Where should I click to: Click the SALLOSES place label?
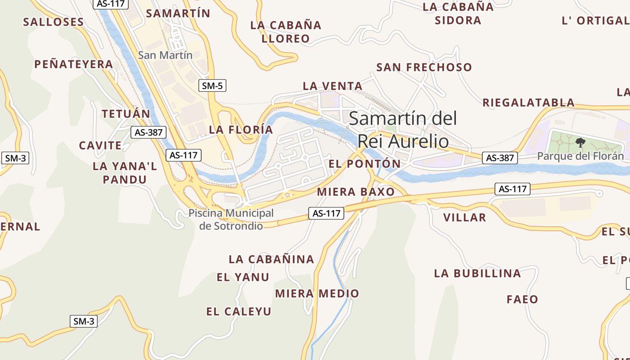tap(53, 22)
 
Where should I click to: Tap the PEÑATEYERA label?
tap(74, 64)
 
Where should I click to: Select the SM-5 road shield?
tap(212, 85)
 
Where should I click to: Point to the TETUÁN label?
tap(126, 114)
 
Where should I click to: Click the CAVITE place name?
tap(100, 146)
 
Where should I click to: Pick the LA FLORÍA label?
tap(241, 130)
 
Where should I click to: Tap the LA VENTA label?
tap(333, 86)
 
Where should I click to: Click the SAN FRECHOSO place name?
tap(424, 67)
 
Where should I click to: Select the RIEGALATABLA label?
tap(528, 103)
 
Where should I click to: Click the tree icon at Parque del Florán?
tap(580, 143)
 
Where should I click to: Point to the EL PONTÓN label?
tap(364, 164)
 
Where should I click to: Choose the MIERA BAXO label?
tap(355, 192)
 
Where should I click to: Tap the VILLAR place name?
tap(464, 218)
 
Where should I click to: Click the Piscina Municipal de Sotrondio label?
tap(231, 219)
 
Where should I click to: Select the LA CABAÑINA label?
tap(271, 259)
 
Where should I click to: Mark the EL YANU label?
tap(243, 277)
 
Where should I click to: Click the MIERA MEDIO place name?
tap(317, 294)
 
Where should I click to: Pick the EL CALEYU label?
tap(239, 311)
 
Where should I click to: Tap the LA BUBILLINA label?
tap(477, 273)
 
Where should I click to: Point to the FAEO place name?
tap(522, 299)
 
